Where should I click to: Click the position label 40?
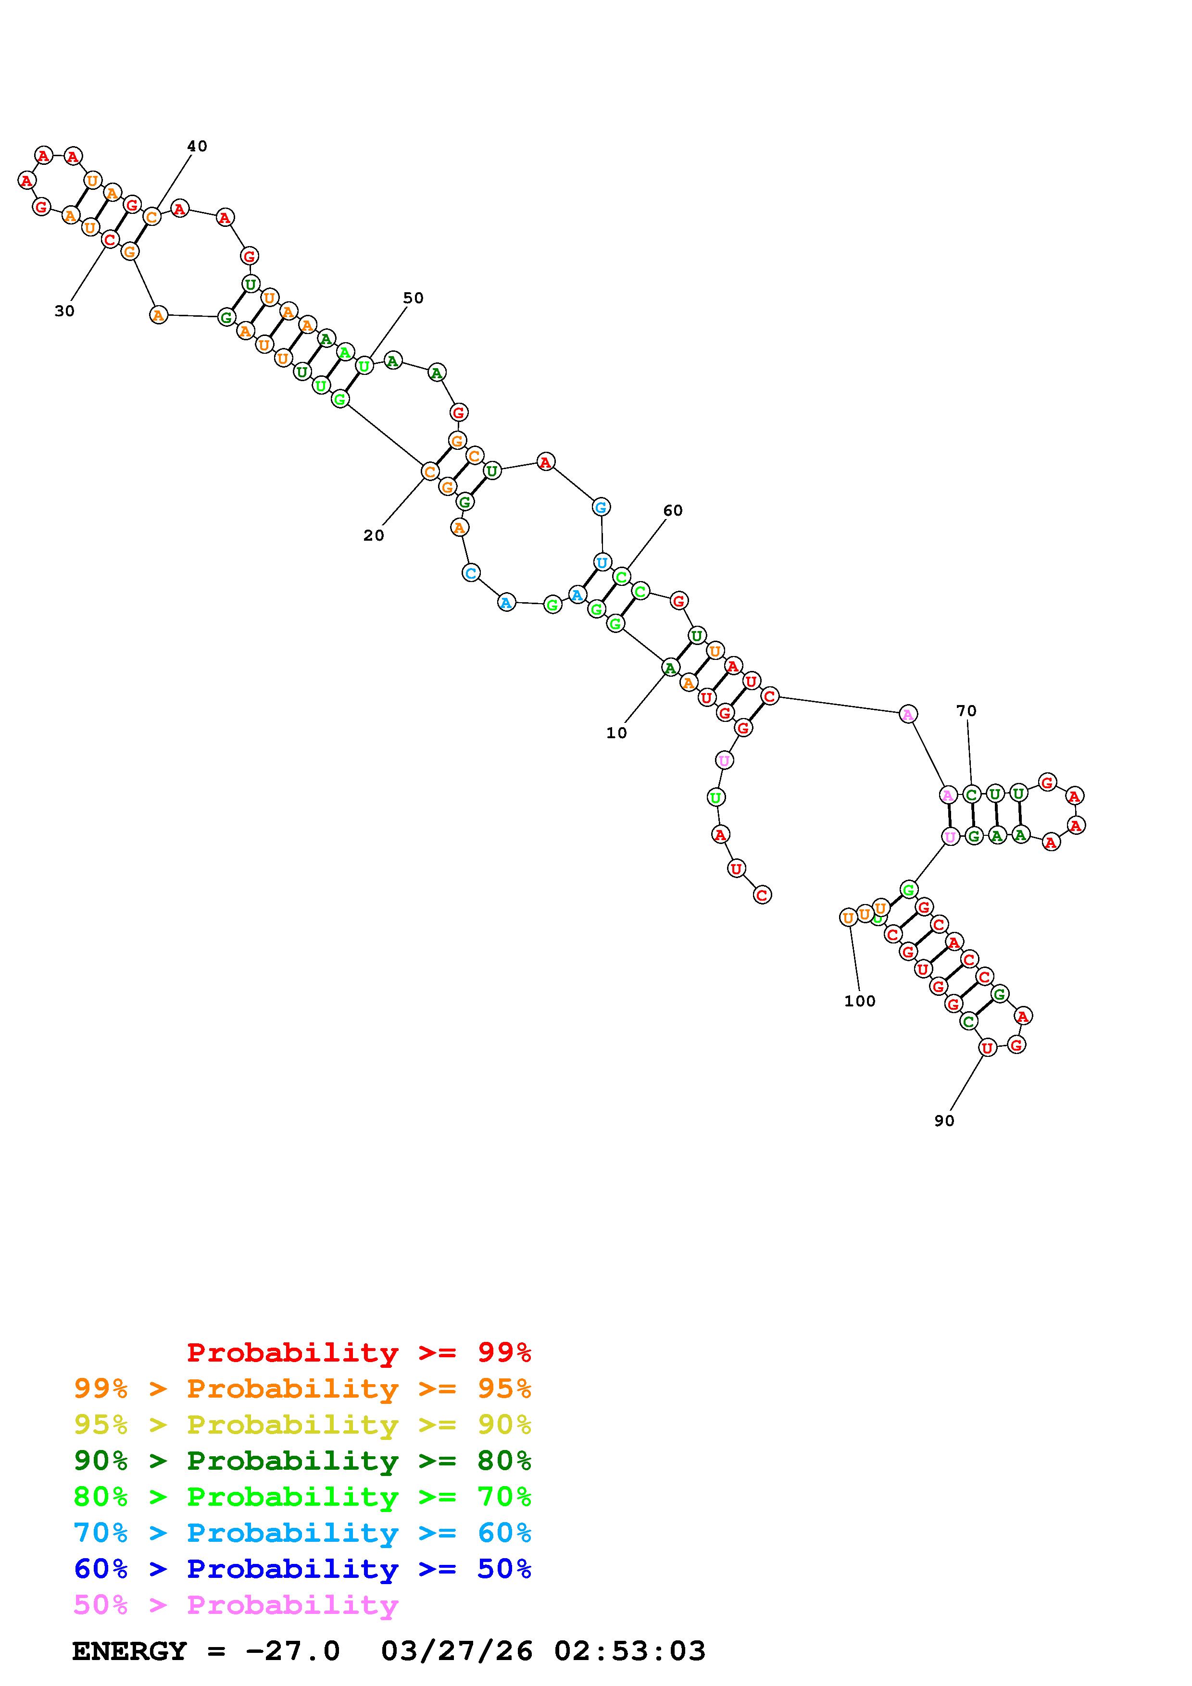(x=197, y=146)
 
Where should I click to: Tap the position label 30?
(x=64, y=311)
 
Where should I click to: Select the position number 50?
(x=414, y=298)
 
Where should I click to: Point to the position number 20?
(x=374, y=536)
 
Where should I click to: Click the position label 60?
(x=673, y=510)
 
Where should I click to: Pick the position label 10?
(x=617, y=733)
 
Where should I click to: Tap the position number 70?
(x=966, y=711)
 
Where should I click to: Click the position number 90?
(x=944, y=1121)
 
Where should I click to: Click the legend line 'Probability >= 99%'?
(x=359, y=1352)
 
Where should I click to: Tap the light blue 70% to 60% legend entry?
(x=302, y=1533)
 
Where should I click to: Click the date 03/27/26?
(x=457, y=1651)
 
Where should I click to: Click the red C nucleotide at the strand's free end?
(x=762, y=895)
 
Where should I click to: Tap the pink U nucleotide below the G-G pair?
(x=724, y=760)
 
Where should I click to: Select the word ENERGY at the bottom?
(x=129, y=1651)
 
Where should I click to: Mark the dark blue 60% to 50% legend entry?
(x=302, y=1569)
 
